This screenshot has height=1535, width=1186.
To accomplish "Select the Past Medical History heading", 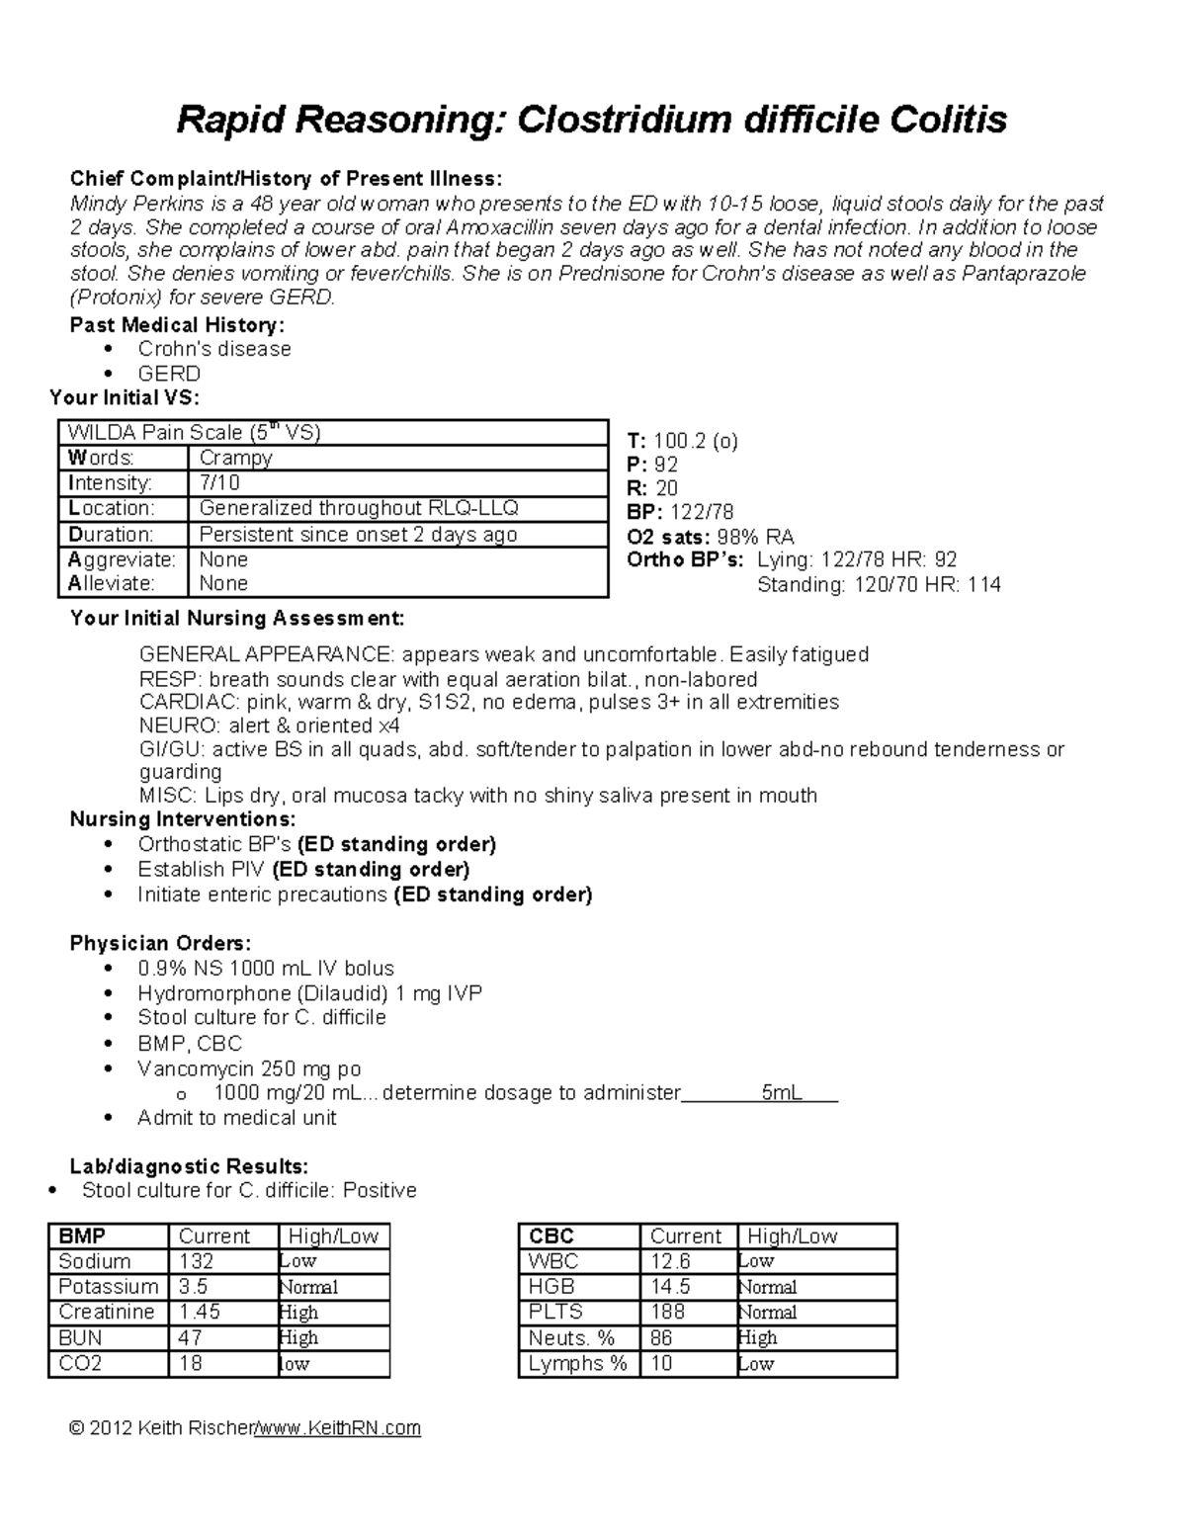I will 177,325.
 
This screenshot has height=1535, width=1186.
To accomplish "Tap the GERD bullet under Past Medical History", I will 169,374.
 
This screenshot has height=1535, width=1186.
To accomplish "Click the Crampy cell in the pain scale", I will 235,458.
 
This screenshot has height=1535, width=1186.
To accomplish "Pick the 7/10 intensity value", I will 219,483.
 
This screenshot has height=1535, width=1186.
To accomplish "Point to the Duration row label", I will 111,535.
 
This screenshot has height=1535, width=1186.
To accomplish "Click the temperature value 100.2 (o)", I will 696,441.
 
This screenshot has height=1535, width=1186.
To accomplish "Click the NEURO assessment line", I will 256,725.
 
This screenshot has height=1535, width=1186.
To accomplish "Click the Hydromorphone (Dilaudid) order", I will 309,993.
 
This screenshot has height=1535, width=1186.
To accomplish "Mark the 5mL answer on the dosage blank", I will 781,1093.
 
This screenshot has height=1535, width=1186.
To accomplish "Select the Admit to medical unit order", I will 237,1118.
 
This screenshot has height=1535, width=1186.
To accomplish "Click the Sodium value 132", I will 196,1261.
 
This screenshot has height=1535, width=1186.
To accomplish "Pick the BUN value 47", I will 190,1337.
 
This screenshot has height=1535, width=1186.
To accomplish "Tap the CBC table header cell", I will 551,1237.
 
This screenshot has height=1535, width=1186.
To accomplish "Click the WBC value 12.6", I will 670,1261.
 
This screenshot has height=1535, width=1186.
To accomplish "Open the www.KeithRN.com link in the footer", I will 338,1428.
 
